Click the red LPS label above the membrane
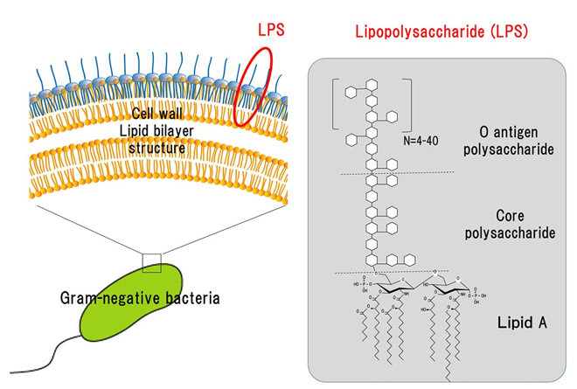pos(272,31)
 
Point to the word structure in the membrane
pos(158,148)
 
